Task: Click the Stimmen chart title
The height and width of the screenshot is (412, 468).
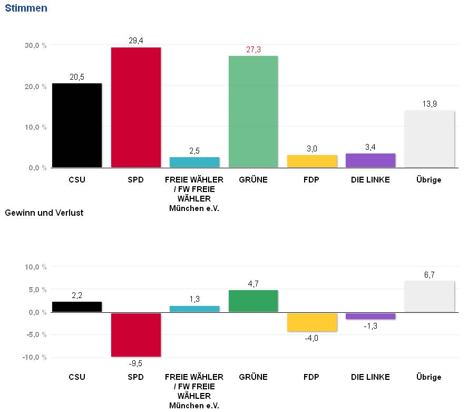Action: [x=26, y=8]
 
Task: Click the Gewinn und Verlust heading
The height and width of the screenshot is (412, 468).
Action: [x=44, y=213]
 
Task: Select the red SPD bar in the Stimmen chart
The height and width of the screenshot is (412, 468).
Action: [x=135, y=107]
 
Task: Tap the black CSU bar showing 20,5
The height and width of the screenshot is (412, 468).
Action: [x=76, y=125]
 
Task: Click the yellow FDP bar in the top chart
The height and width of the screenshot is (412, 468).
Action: [x=312, y=161]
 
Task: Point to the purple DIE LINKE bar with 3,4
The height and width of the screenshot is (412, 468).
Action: [x=370, y=160]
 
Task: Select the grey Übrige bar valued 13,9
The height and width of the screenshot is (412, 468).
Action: [x=430, y=139]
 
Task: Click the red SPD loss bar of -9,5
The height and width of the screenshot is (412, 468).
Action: [x=135, y=334]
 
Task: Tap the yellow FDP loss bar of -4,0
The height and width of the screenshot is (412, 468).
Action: [x=312, y=322]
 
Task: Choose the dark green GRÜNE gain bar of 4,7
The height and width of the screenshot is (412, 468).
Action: [x=253, y=301]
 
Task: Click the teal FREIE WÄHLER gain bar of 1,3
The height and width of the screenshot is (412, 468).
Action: [x=194, y=309]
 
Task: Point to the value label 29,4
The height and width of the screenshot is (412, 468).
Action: [x=135, y=41]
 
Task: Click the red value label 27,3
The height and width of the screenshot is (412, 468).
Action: [x=253, y=50]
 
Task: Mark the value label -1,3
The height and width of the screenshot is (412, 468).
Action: [x=370, y=326]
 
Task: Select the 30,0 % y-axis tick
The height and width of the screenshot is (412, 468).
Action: [x=36, y=45]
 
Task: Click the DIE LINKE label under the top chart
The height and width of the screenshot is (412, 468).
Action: [x=370, y=180]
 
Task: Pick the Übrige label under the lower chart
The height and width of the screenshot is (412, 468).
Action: [x=430, y=377]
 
